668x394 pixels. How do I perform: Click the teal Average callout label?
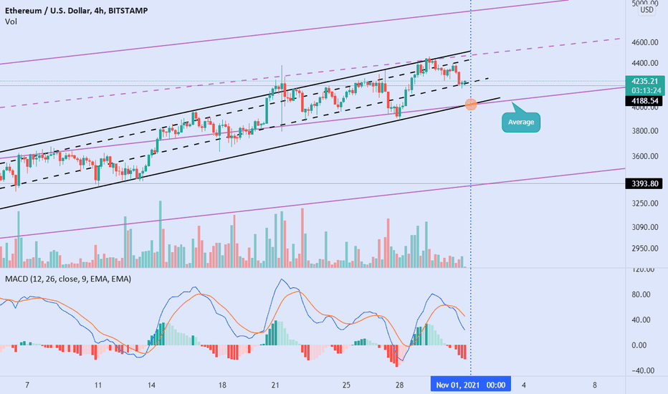520,122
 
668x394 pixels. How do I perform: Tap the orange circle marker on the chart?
471,105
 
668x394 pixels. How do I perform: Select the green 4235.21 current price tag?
645,86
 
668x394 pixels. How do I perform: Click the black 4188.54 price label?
644,101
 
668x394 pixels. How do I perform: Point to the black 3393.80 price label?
644,183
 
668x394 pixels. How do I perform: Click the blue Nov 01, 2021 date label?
471,385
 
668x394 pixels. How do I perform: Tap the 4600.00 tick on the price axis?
645,42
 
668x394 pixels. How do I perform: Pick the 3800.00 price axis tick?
645,131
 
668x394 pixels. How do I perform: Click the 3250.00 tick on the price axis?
645,203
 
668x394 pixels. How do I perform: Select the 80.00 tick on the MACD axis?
641,294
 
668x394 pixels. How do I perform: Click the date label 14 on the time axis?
151,385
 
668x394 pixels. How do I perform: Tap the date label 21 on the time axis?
275,385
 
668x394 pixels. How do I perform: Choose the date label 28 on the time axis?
399,385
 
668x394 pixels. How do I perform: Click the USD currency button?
646,10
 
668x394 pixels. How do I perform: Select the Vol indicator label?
11,21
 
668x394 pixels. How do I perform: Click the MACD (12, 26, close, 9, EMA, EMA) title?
68,279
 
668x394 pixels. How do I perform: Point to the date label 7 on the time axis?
27,385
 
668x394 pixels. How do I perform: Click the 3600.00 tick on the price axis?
645,156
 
